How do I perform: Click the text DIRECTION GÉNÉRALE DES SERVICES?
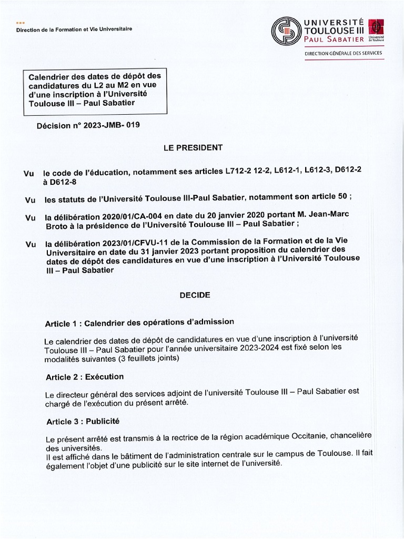coord(344,53)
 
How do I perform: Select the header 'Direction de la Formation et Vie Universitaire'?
coord(74,29)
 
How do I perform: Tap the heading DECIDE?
coord(195,295)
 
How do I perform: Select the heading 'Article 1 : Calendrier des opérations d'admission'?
coord(139,322)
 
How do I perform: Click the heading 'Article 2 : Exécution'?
coord(85,377)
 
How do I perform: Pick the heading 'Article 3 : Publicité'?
coord(83,421)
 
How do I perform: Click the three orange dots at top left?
coord(21,23)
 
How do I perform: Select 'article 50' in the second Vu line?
coord(328,196)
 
